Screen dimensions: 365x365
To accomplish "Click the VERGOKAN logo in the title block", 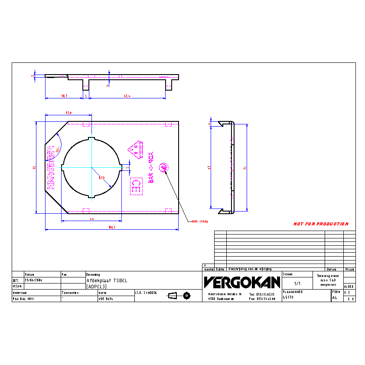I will [242, 283].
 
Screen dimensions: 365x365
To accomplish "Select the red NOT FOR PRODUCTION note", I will [321, 224].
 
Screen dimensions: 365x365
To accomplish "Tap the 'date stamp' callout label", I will [199, 222].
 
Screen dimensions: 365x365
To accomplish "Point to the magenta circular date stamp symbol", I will [164, 167].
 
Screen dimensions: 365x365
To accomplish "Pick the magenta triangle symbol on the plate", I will [135, 150].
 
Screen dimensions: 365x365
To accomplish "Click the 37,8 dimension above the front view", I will [68, 113].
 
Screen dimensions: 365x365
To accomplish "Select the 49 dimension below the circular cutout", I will [92, 219].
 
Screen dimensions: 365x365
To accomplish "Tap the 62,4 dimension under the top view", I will [127, 96].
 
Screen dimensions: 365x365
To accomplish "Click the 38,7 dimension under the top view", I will [64, 96].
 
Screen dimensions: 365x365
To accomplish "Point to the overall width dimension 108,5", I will [112, 227].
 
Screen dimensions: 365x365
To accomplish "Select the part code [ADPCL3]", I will [96, 287].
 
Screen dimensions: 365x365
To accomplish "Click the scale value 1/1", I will [297, 284].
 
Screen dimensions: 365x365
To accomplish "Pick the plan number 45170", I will [288, 298].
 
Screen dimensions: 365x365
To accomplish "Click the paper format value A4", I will [334, 298].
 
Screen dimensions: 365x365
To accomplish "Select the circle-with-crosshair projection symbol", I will [187, 296].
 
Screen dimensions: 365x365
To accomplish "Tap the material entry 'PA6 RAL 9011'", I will [23, 299].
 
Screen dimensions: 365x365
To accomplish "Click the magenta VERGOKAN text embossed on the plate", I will [50, 167].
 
